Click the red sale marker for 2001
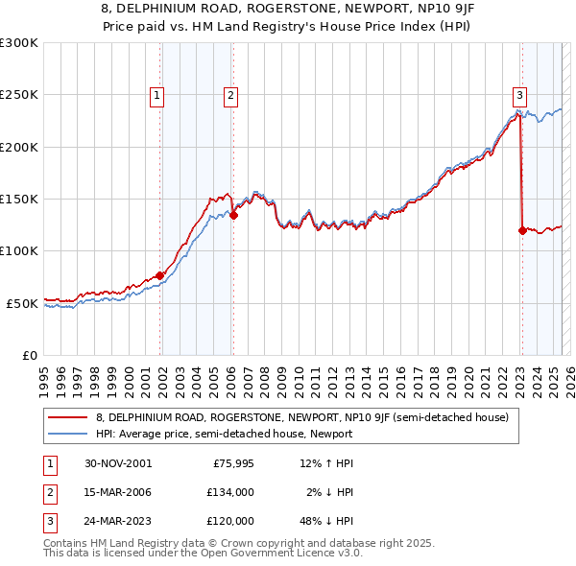click(160, 276)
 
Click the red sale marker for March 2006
click(233, 216)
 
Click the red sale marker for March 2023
click(522, 230)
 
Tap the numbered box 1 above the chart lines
click(156, 95)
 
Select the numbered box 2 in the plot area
click(231, 95)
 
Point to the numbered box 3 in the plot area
click(519, 95)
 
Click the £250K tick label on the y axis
click(19, 95)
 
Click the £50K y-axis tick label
click(22, 303)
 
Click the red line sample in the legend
click(67, 417)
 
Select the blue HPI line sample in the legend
click(67, 434)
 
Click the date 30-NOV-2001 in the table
click(118, 464)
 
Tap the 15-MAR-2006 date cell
click(118, 492)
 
